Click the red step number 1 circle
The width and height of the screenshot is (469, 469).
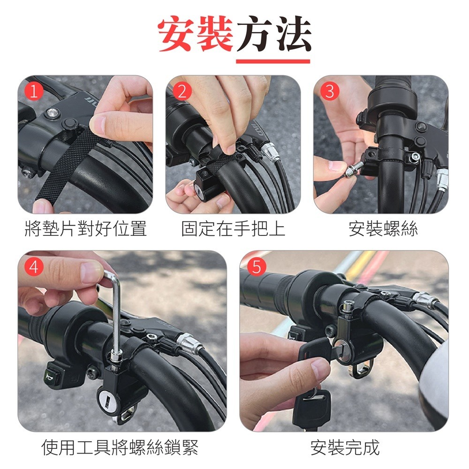33,91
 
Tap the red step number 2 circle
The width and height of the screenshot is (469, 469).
182,91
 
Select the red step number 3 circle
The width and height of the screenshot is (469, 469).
330,91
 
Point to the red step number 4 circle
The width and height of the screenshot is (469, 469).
33,266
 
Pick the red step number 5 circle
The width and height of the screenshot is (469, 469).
256,266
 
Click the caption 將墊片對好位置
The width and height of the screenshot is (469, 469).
85,229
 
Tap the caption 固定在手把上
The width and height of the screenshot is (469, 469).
233,229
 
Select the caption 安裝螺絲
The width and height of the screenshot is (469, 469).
383,229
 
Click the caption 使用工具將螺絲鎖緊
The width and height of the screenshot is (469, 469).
120,447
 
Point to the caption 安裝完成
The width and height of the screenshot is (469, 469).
345,447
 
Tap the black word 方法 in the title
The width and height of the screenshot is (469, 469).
273,35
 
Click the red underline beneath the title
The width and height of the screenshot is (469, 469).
273,61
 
